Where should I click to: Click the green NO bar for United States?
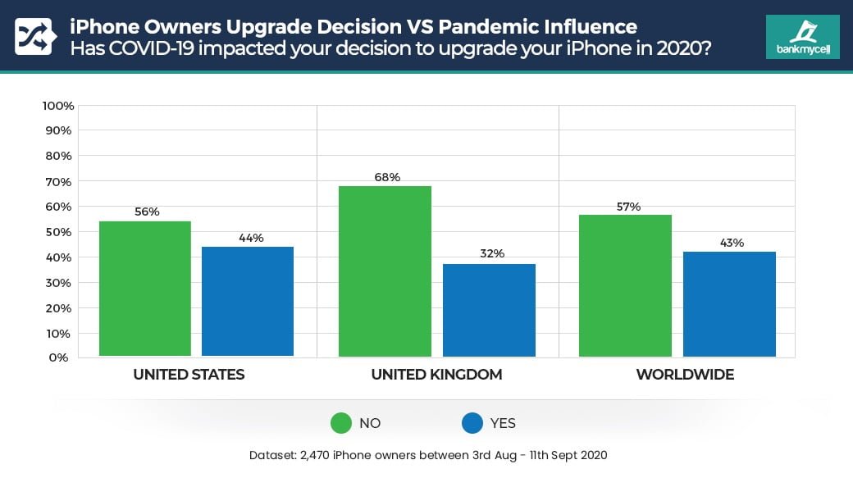click(x=144, y=289)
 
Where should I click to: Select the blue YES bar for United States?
click(x=247, y=301)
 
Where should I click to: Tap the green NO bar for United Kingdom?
click(x=385, y=271)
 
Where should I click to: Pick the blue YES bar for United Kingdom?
click(x=489, y=310)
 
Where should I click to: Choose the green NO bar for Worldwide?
click(x=625, y=285)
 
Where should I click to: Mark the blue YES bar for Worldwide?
click(x=729, y=303)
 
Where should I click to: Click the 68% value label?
click(x=386, y=177)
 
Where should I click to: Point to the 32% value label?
click(x=491, y=253)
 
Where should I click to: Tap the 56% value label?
click(x=146, y=212)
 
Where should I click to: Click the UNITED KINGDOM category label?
click(x=436, y=375)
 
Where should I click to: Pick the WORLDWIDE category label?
click(x=685, y=375)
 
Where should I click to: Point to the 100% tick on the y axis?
click(x=58, y=106)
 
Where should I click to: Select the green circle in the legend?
click(x=340, y=423)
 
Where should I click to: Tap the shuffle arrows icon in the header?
click(x=34, y=37)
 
